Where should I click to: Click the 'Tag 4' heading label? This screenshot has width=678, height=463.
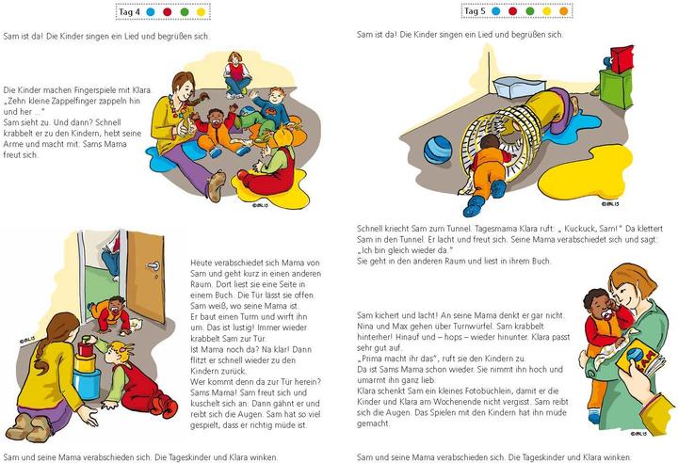pyautogui.click(x=129, y=11)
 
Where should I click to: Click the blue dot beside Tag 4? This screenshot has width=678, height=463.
pyautogui.click(x=150, y=11)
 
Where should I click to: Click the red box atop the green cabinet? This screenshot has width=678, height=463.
pyautogui.click(x=621, y=58)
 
